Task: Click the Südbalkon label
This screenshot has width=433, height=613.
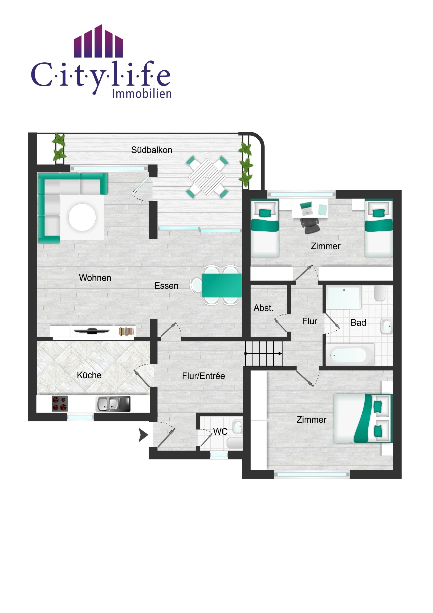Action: (152, 150)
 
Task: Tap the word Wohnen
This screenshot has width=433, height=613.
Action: (95, 278)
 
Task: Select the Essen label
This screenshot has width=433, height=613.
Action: (166, 286)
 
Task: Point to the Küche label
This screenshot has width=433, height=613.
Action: (89, 375)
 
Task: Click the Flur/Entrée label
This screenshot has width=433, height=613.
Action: (203, 376)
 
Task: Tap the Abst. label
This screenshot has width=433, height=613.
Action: (263, 308)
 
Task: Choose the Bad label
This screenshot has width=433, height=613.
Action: (358, 322)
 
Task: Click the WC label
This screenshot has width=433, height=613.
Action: (220, 431)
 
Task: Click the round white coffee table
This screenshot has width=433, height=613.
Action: (82, 217)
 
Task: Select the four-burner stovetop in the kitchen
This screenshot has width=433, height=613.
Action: (59, 404)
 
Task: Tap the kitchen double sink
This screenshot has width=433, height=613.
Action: (113, 404)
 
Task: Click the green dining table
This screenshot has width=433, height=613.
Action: (222, 285)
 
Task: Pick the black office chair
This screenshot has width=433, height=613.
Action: (310, 225)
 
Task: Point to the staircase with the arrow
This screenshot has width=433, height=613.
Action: (264, 353)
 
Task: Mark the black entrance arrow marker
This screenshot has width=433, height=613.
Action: (143, 435)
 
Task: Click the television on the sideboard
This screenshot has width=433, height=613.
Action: (92, 331)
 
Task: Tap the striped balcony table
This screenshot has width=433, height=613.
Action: (207, 177)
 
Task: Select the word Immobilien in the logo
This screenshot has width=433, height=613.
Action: (142, 94)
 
